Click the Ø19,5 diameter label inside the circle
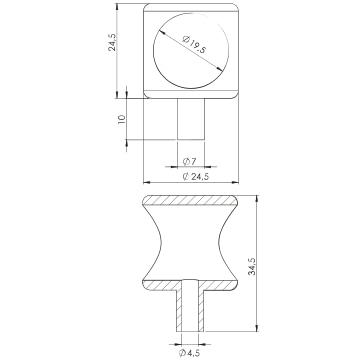click(x=195, y=44)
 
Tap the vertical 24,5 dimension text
click(x=112, y=42)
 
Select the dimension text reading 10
click(x=122, y=119)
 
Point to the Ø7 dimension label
click(x=189, y=162)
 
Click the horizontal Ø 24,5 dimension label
click(x=196, y=177)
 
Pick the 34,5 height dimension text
click(x=252, y=266)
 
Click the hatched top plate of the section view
click(x=190, y=200)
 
